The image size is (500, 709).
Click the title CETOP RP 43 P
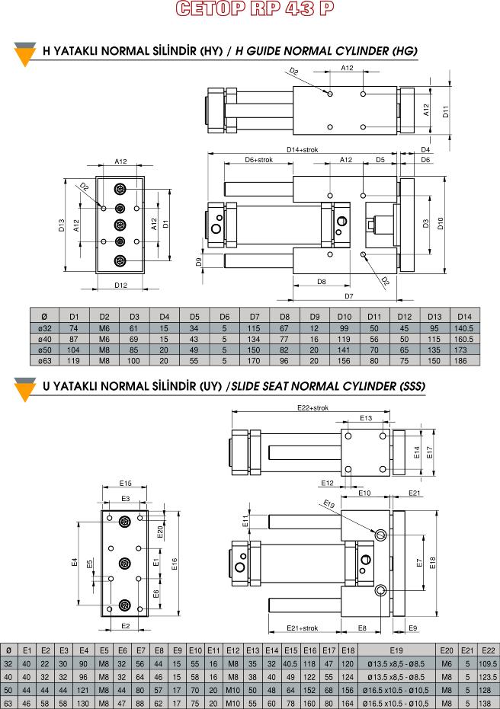pyautogui.click(x=255, y=8)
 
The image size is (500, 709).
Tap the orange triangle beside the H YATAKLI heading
pyautogui.click(x=25, y=55)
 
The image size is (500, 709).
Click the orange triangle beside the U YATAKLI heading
pyautogui.click(x=25, y=390)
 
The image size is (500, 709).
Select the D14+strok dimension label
pyautogui.click(x=303, y=150)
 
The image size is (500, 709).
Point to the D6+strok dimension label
pyautogui.click(x=259, y=160)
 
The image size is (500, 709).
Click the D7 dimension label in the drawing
pyautogui.click(x=349, y=296)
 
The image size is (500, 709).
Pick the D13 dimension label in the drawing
pyautogui.click(x=62, y=225)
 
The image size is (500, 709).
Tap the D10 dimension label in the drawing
pyautogui.click(x=441, y=223)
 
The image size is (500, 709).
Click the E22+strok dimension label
pyautogui.click(x=312, y=408)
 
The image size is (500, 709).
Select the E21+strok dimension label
pyautogui.click(x=303, y=628)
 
